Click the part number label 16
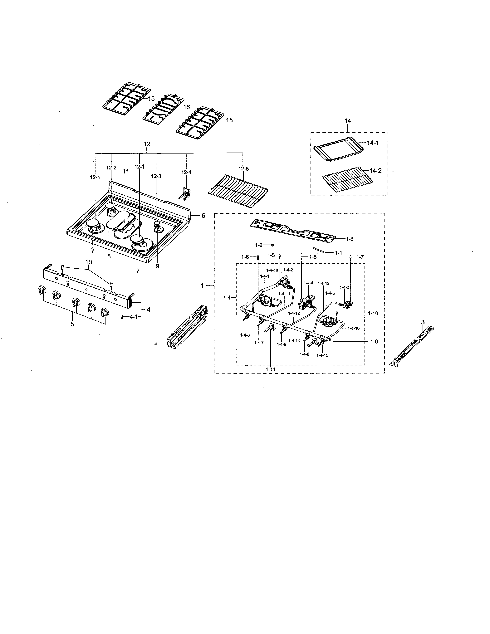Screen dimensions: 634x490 click(x=186, y=107)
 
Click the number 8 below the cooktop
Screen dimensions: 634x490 click(x=109, y=256)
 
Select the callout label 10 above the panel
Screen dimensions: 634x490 click(x=89, y=262)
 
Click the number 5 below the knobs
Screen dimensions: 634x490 click(x=72, y=324)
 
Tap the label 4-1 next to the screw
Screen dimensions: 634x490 click(x=133, y=317)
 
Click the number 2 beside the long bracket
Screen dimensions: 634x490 click(x=156, y=343)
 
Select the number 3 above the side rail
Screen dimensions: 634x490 click(x=423, y=322)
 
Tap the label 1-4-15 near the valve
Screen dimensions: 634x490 click(x=322, y=355)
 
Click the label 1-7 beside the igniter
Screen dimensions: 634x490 click(x=360, y=257)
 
